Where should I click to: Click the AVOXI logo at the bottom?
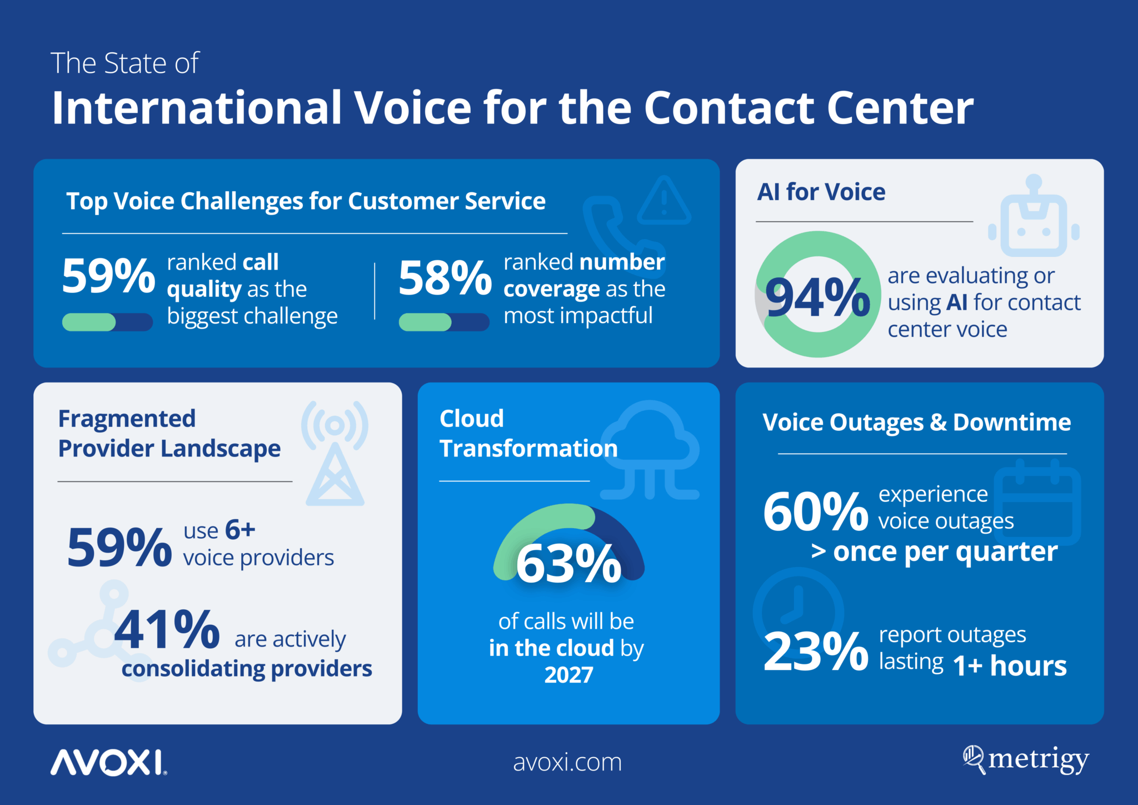point(108,762)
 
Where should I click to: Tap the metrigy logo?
point(1026,760)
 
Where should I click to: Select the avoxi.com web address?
point(567,762)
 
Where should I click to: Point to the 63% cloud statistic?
point(568,564)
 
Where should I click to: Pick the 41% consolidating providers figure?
point(167,629)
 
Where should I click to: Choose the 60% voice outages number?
point(815,511)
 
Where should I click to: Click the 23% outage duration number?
point(815,651)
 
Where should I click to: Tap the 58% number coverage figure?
point(445,277)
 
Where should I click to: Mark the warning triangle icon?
point(663,201)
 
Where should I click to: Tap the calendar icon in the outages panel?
point(1037,503)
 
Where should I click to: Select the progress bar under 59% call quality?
point(107,322)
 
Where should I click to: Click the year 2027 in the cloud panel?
point(568,675)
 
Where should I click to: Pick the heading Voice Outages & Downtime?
point(916,423)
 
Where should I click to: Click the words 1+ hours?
point(1010,665)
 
